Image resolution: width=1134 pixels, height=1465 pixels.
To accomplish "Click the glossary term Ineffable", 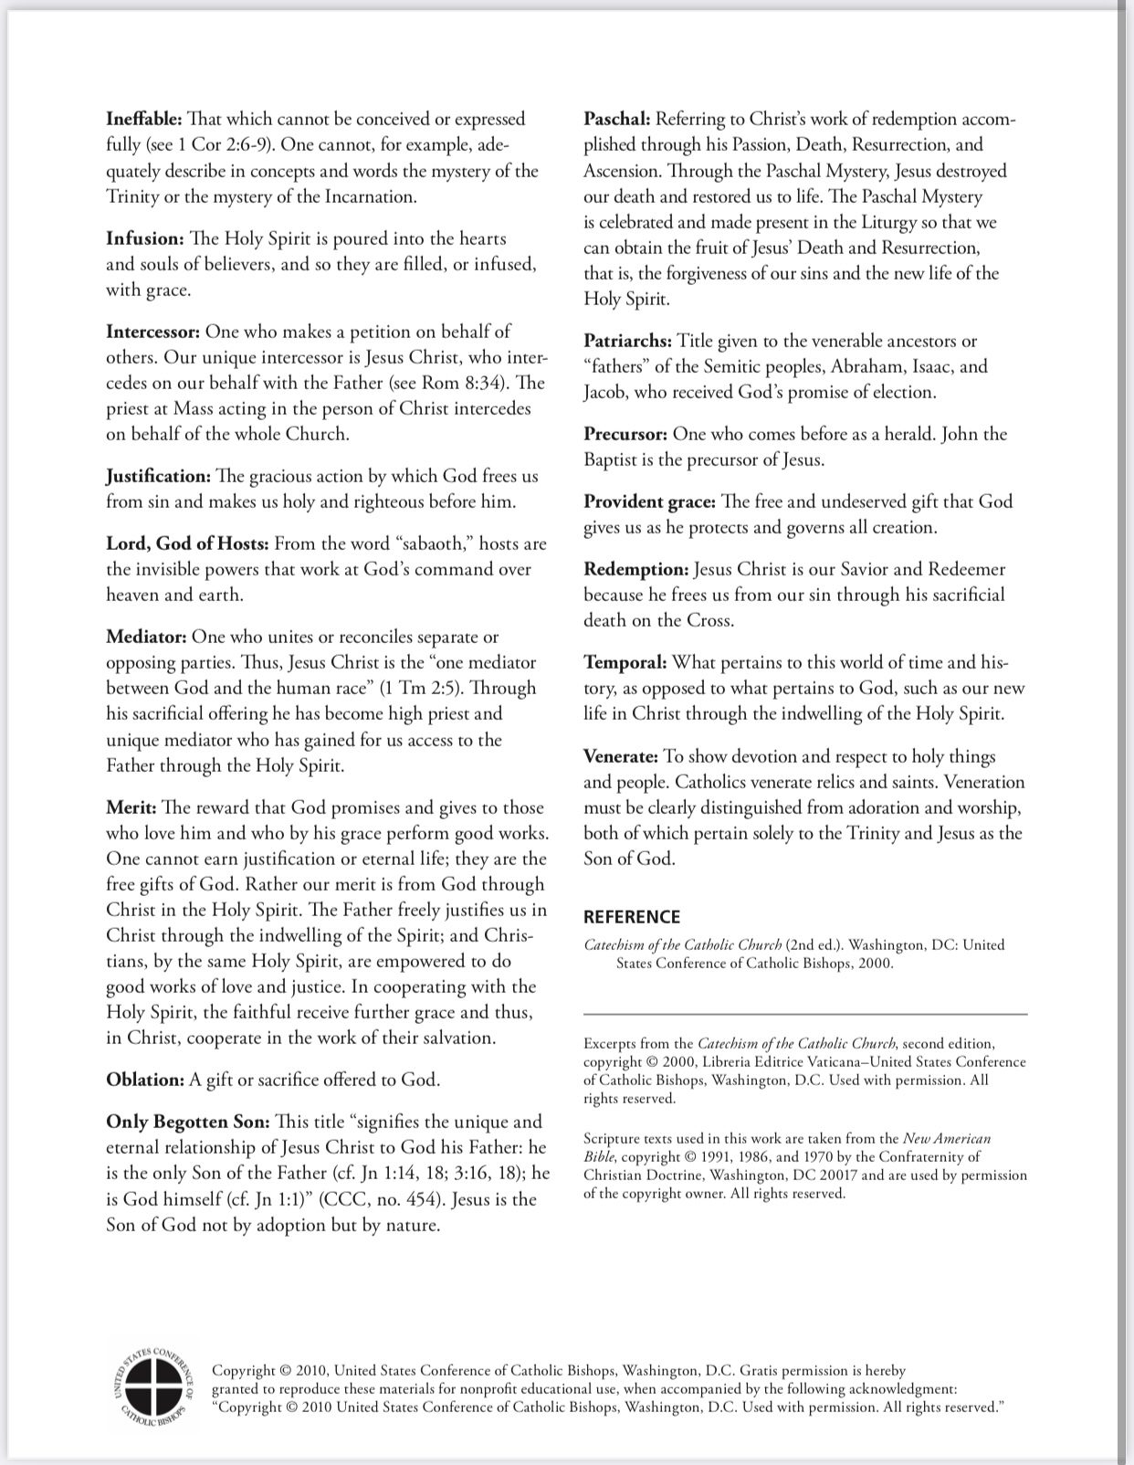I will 144,120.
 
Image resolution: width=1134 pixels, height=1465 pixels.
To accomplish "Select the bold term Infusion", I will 145,239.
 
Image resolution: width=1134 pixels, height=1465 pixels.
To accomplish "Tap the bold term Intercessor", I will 152,332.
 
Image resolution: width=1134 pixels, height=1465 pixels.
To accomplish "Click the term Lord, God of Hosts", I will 187,544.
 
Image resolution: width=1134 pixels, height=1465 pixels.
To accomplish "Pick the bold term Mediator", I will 146,638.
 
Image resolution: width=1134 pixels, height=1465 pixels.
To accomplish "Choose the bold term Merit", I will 131,808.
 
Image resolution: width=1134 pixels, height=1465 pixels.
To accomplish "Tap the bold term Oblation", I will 145,1080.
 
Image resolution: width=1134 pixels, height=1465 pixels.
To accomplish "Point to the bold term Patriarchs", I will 628,342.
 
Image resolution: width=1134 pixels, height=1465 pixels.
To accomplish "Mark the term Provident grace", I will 650,502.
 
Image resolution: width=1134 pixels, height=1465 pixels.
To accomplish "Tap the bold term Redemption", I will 636,570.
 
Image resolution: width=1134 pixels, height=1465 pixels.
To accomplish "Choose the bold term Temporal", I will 625,663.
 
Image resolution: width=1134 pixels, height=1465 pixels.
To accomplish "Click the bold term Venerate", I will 621,757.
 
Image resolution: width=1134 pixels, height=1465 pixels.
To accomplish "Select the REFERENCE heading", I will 632,917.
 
